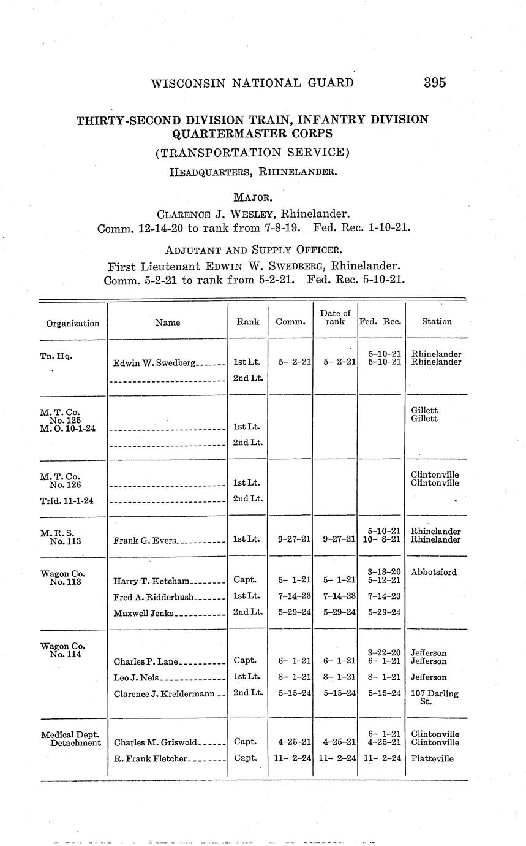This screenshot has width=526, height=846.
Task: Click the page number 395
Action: [x=434, y=83]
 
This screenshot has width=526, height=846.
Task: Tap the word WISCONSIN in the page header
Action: [x=187, y=83]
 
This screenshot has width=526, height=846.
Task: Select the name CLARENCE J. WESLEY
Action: [x=214, y=215]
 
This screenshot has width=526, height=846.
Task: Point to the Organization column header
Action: [x=72, y=323]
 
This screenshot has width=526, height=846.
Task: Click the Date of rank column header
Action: [x=336, y=318]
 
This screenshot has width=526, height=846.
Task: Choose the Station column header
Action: [x=437, y=321]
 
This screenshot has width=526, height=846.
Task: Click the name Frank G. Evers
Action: [x=145, y=541]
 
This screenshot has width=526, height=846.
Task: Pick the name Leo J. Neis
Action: [x=136, y=677]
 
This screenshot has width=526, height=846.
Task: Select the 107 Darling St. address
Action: [x=435, y=698]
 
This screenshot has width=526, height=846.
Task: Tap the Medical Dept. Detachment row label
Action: [x=70, y=739]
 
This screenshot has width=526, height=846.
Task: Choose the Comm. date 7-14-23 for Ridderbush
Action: [x=290, y=596]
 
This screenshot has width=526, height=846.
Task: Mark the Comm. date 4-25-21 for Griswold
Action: [x=290, y=742]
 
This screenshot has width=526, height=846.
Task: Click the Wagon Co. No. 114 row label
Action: [x=62, y=650]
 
